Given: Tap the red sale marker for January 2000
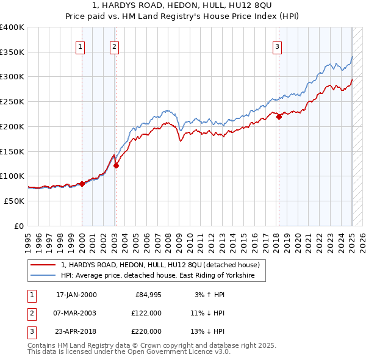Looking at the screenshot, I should [82, 183].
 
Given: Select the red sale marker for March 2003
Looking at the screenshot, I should [116, 165].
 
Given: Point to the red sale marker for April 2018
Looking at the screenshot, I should [279, 117].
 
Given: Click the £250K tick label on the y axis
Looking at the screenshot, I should [12, 102].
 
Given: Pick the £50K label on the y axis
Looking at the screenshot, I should [14, 201].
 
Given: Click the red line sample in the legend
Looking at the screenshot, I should [43, 265].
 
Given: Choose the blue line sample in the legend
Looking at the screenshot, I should [43, 276].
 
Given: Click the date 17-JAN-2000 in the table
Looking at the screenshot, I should [76, 295].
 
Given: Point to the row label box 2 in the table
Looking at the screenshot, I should [30, 313].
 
